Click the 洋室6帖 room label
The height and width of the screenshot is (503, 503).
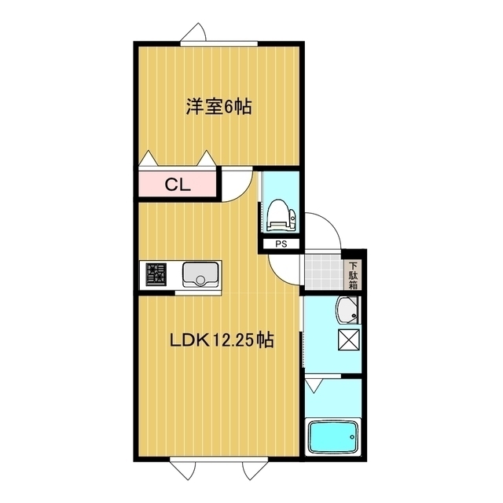[218, 108]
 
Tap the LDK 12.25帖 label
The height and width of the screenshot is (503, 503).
[222, 341]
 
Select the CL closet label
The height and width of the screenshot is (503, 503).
[175, 185]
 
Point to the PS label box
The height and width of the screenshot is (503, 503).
[281, 244]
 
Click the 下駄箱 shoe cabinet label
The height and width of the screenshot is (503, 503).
[353, 275]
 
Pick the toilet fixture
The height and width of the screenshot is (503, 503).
[281, 215]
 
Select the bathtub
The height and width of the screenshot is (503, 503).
[332, 438]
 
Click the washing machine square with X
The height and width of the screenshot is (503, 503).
[347, 340]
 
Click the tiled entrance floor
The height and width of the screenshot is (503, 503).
[321, 270]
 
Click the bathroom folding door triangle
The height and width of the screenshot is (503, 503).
[315, 385]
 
